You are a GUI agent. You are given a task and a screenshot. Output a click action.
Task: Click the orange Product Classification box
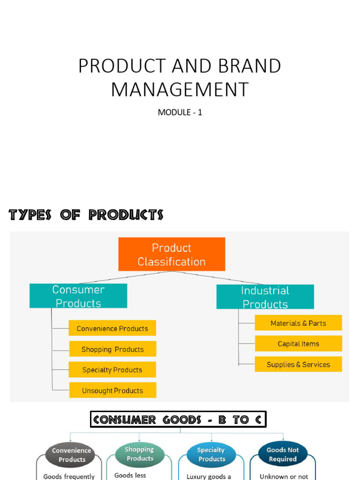172,254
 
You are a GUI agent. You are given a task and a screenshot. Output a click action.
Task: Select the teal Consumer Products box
78,296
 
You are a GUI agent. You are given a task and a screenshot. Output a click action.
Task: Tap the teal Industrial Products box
265,297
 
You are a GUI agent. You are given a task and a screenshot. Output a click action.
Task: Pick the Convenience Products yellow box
112,328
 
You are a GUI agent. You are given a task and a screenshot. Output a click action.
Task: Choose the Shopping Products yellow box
112,349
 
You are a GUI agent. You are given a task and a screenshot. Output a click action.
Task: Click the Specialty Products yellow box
112,369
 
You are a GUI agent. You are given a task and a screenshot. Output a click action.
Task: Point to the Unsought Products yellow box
112,390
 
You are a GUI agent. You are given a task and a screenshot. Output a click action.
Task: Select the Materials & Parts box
298,323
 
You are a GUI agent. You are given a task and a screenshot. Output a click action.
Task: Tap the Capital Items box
298,344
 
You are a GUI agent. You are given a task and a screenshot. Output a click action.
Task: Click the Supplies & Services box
298,364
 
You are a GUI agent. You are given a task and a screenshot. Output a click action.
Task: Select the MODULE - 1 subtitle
180,112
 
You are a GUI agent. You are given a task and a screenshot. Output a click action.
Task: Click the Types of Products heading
86,215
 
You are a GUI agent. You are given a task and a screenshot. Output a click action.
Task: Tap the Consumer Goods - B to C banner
178,420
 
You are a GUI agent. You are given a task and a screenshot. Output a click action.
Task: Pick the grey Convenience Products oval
72,455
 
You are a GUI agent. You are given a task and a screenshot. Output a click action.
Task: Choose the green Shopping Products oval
140,454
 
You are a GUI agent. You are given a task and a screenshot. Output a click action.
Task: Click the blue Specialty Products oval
211,454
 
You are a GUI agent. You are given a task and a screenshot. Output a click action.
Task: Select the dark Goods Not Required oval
283,454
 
